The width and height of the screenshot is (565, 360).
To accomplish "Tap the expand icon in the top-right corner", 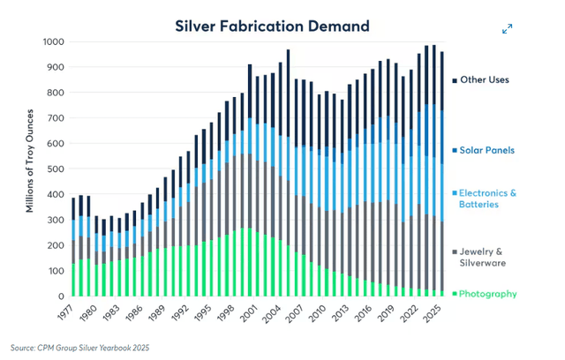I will (508, 29).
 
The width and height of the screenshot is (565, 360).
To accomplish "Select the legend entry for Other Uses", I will (486, 80).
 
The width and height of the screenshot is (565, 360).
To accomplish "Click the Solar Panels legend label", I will (486, 150).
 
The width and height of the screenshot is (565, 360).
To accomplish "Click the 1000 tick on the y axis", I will (54, 42).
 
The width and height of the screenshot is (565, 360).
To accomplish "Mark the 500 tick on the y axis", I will (56, 169).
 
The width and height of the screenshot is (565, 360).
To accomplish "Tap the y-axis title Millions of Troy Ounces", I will (29, 169).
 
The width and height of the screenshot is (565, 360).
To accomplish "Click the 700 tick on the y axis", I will (56, 118).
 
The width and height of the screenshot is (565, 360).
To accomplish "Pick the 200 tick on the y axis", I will (56, 244).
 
